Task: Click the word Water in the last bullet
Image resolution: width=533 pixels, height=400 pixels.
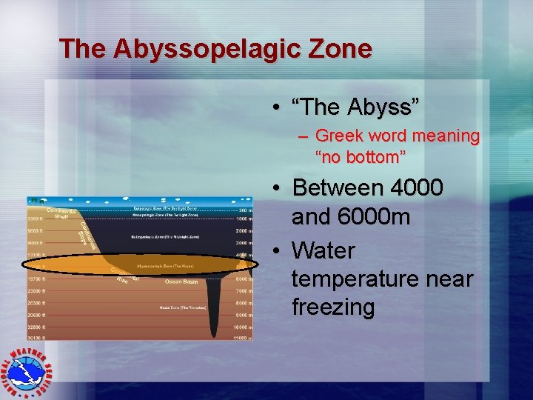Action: pyautogui.click(x=324, y=250)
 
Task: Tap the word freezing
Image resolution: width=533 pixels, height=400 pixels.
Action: pyautogui.click(x=333, y=307)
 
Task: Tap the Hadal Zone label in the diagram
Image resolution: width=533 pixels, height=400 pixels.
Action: pyautogui.click(x=181, y=307)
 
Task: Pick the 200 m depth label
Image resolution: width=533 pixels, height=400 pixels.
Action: pyautogui.click(x=242, y=210)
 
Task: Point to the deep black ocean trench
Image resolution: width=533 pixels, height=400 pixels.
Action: pyautogui.click(x=214, y=311)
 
